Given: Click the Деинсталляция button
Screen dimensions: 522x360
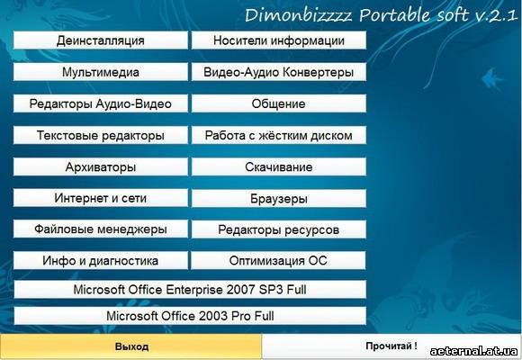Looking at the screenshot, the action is [x=101, y=40].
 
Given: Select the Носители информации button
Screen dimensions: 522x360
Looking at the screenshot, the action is [x=279, y=40].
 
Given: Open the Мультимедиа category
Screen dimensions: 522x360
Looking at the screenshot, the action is [x=101, y=72].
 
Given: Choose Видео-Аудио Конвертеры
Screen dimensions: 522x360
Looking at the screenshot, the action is [x=279, y=72].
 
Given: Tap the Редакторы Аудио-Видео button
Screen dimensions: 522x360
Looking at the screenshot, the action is [x=101, y=103].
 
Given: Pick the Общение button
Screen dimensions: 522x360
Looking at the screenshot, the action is [x=279, y=103].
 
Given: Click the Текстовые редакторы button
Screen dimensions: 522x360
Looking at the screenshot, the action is [x=101, y=135].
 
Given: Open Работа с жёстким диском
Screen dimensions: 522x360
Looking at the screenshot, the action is [x=279, y=135].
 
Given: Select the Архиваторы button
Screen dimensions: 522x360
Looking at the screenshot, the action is [x=101, y=166].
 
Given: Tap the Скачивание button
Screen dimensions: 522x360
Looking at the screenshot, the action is [x=279, y=166].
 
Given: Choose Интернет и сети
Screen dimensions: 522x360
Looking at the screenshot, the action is [x=101, y=198].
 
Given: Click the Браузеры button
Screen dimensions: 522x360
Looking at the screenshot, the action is [x=279, y=199].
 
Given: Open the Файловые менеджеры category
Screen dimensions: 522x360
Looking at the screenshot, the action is [x=101, y=229].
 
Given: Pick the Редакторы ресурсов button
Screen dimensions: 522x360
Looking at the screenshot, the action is [x=279, y=229].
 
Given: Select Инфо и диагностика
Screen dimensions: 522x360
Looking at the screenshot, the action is [x=101, y=260].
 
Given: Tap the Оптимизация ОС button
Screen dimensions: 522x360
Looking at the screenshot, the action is [x=278, y=260].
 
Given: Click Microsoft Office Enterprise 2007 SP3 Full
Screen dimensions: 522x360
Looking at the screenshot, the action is [x=190, y=290].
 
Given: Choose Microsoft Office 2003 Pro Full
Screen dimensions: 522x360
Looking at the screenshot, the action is [x=190, y=316].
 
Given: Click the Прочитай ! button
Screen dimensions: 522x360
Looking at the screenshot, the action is [x=391, y=346].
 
